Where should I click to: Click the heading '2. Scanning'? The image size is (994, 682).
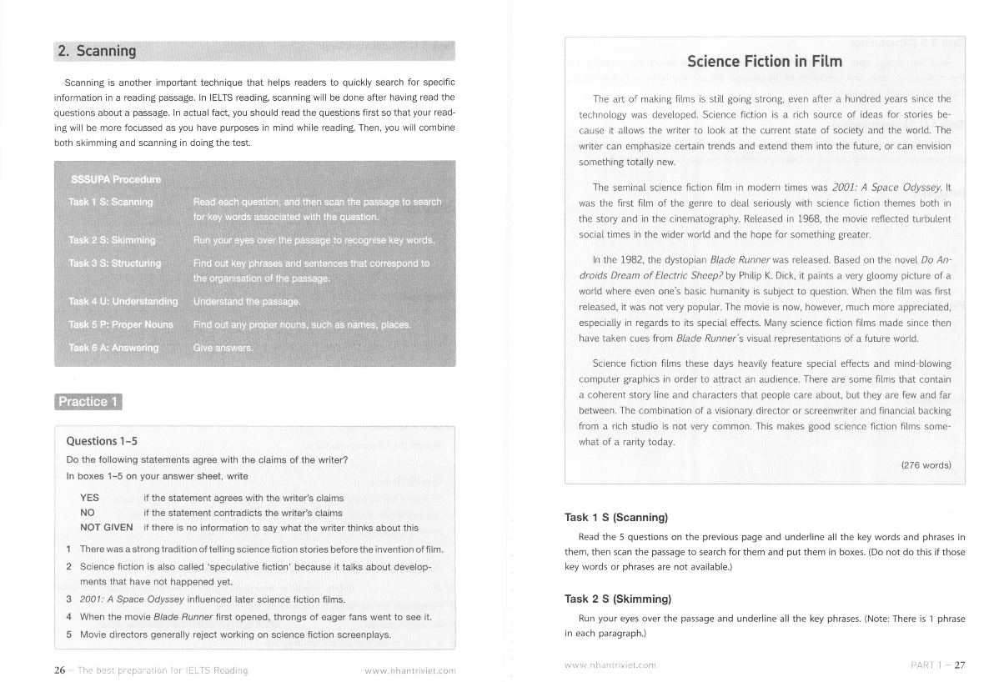pos(97,51)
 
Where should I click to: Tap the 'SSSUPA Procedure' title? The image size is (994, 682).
pos(116,179)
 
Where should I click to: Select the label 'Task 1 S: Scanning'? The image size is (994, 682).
pos(110,203)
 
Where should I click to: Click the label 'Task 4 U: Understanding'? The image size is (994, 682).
pos(123,301)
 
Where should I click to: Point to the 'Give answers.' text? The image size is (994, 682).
pos(223,348)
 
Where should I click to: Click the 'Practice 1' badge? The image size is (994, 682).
pos(88,402)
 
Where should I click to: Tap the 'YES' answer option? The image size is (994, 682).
pos(89,498)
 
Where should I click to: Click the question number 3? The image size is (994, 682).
pos(68,599)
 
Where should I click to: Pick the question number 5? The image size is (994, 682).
pos(68,634)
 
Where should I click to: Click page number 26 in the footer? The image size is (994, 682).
pos(60,669)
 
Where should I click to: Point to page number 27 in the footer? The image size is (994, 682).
pos(959,665)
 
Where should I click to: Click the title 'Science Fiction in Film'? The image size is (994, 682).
pos(764,61)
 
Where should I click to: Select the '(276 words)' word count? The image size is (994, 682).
pos(926,465)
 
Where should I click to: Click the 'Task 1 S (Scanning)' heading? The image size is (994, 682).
pos(615,518)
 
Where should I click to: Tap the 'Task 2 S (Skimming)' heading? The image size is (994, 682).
pos(617,599)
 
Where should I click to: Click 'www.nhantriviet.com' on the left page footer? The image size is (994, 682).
pos(410,670)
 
